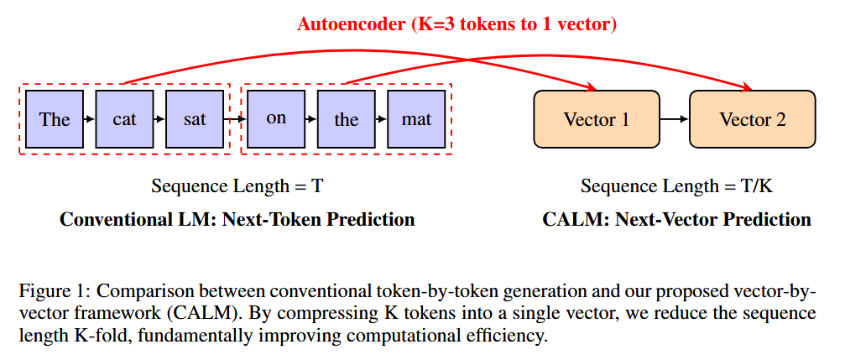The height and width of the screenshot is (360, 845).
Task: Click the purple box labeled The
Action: click(x=55, y=119)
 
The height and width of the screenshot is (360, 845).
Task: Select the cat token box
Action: click(x=124, y=119)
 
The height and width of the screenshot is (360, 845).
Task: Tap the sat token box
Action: click(x=194, y=119)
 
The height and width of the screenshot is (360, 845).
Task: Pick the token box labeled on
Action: click(x=276, y=119)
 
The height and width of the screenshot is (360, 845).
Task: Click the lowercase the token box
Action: click(x=346, y=119)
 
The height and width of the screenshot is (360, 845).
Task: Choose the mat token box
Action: click(x=416, y=119)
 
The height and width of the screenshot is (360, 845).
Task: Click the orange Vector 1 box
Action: click(x=597, y=119)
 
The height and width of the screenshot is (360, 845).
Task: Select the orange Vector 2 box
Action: click(x=752, y=119)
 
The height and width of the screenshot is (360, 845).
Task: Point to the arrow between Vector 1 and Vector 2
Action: click(x=674, y=119)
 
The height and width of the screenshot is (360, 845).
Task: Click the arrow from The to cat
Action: click(x=89, y=119)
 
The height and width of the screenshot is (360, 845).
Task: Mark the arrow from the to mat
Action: click(x=381, y=119)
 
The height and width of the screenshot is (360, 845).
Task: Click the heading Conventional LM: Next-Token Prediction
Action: click(x=237, y=220)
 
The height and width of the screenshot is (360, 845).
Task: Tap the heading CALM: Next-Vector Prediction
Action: click(x=676, y=220)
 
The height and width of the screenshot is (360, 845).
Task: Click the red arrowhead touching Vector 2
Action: click(x=746, y=87)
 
